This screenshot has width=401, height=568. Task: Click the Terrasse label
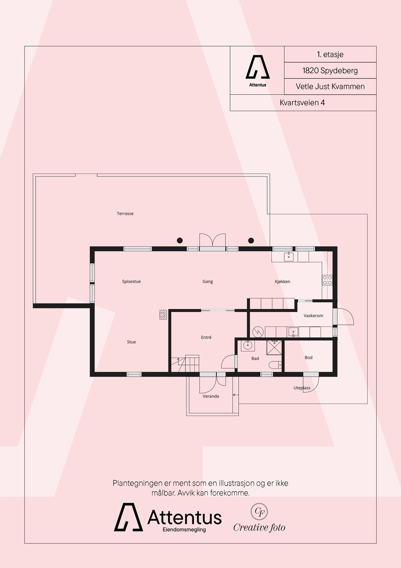coord(125,214)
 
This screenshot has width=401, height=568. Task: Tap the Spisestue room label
coord(131,282)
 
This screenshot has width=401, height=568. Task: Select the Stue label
coord(131,342)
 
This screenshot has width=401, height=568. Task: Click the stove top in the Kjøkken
coord(327,280)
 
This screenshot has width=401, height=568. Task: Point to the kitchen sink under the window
coord(289,257)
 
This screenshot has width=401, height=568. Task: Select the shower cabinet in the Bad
coord(274,347)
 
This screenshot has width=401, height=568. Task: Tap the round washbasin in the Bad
coord(247,345)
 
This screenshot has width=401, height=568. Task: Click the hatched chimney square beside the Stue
coord(163,315)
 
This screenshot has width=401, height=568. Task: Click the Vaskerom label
coord(313,316)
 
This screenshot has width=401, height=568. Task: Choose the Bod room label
coord(308,357)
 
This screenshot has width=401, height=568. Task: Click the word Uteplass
coord(302,388)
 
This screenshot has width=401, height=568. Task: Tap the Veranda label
coord(211,396)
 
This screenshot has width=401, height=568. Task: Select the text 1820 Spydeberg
coord(330,70)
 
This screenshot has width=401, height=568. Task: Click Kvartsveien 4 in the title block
coord(302,103)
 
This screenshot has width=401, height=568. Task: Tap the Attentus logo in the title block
coord(257,71)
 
